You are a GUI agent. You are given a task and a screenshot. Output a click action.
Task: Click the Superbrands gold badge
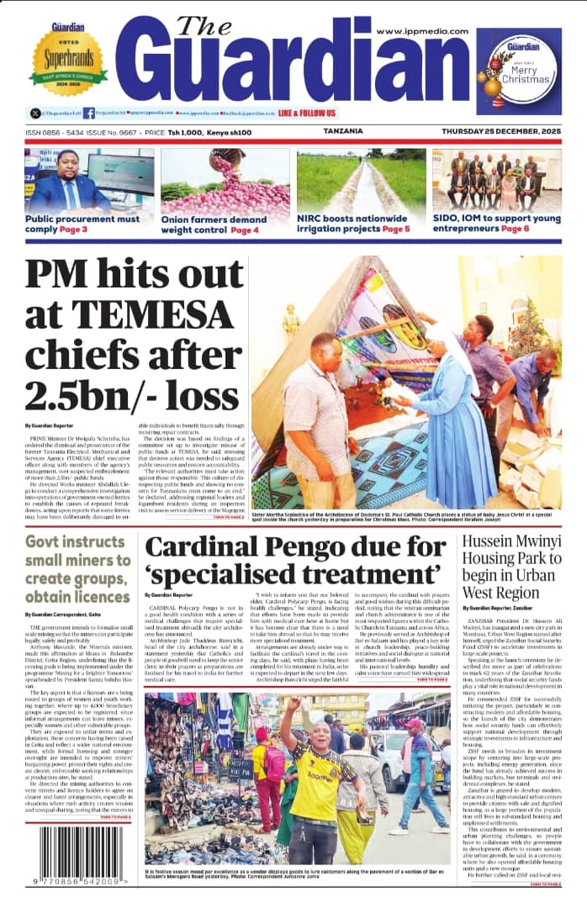pos(68,59)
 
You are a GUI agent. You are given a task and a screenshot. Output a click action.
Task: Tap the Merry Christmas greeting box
pos(518,71)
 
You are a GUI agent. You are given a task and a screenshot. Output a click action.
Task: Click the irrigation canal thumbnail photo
pos(361,181)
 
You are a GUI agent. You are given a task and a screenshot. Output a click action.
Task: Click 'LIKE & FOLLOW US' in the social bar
pos(307,113)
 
